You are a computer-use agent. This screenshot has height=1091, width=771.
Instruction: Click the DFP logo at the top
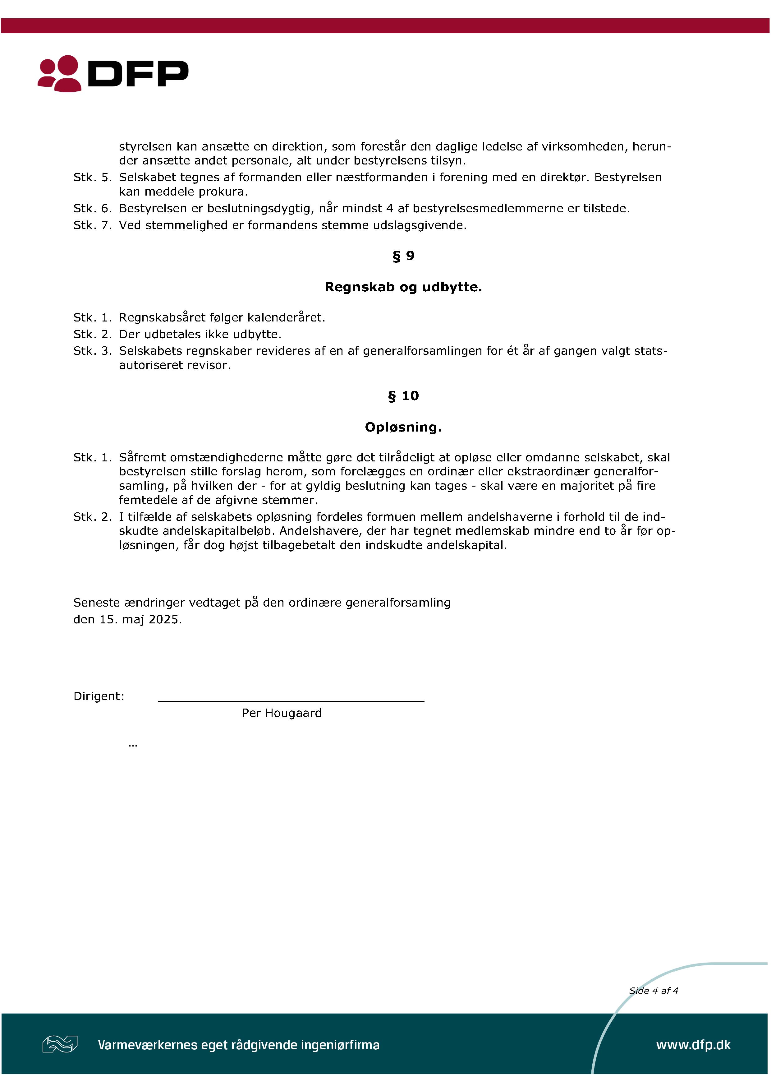click(113, 74)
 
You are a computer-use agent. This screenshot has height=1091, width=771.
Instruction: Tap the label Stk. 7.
click(93, 225)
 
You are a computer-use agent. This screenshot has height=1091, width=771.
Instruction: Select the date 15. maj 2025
click(140, 620)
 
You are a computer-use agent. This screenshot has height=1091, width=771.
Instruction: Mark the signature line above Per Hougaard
click(291, 700)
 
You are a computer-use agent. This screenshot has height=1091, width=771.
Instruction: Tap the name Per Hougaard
click(282, 713)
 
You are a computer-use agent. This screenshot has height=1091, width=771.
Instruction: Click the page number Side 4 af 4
click(653, 991)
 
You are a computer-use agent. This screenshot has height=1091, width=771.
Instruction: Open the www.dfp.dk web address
click(693, 1045)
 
